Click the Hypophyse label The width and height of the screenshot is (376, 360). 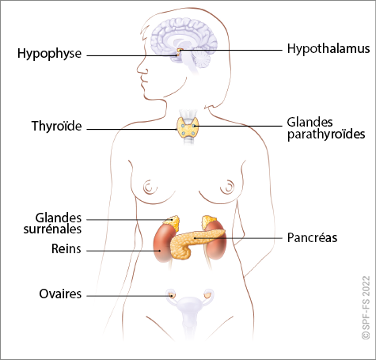coord(49,54)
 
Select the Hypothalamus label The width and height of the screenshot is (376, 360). coord(329,49)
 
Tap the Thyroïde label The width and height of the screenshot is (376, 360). coord(57,126)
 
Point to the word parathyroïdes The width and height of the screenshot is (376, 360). coord(326,135)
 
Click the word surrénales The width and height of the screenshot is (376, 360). coord(52,229)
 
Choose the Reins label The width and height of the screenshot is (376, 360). coord(66,248)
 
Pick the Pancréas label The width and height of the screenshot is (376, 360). coord(312,237)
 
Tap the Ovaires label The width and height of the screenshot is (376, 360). coord(60,294)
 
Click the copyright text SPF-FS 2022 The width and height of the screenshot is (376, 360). coord(366,308)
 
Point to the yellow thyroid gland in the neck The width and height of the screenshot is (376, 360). coord(188,128)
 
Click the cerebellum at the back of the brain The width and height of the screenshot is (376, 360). coord(201,59)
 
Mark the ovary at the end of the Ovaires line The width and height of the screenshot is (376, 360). coord(172,295)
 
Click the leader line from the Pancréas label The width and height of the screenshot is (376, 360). coord(238,238)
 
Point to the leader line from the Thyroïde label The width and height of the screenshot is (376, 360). coord(131,130)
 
